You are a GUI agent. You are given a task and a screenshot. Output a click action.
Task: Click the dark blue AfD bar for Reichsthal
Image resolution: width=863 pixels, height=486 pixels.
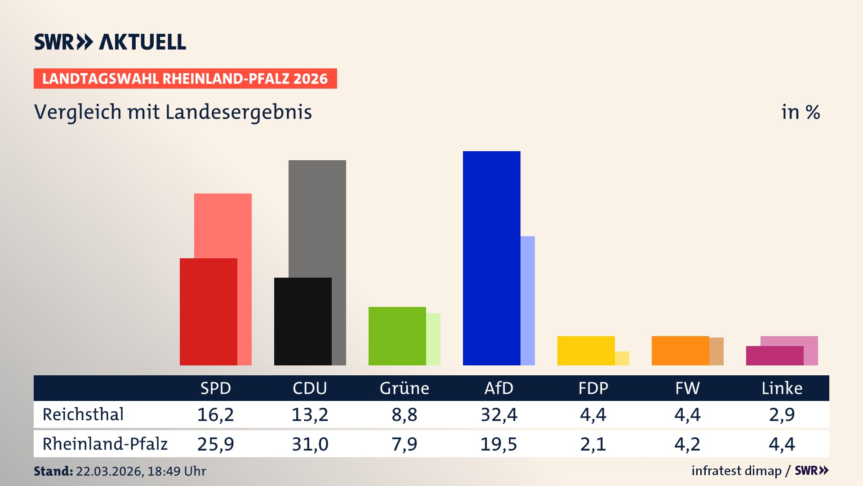491,258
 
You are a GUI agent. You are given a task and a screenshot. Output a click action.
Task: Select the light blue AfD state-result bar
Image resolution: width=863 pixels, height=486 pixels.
528,301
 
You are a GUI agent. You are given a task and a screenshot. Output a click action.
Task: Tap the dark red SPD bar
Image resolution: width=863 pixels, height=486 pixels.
208,311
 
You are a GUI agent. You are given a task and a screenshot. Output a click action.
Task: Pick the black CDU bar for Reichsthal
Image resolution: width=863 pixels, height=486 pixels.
302,321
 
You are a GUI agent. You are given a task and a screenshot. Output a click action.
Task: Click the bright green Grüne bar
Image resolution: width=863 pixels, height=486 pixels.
397,336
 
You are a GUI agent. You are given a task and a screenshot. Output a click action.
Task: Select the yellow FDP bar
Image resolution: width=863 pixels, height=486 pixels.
586,351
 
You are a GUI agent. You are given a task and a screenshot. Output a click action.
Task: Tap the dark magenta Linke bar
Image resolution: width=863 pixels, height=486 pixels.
774,355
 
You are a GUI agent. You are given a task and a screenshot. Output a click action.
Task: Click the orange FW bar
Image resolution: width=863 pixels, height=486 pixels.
680,351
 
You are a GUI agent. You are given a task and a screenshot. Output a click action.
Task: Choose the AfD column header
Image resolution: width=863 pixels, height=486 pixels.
498,388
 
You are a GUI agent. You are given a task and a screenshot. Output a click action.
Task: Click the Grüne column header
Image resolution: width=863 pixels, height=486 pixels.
404,388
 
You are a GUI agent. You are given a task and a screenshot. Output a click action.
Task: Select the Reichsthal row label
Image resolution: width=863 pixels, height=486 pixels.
83,414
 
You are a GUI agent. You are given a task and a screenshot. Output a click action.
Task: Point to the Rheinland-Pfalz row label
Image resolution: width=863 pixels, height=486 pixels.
105,444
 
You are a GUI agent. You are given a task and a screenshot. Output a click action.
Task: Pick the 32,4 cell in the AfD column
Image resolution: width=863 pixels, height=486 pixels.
499,414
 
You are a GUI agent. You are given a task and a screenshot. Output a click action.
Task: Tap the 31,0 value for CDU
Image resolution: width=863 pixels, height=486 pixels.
310,444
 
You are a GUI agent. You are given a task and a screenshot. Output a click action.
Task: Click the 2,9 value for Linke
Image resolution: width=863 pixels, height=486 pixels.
782,414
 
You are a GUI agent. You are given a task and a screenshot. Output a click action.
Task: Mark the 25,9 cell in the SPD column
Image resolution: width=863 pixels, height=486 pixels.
216,444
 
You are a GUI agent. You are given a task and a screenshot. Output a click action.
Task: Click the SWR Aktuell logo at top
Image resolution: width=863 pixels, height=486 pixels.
110,42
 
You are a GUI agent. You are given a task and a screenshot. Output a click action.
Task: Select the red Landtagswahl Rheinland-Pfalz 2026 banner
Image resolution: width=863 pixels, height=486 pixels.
185,79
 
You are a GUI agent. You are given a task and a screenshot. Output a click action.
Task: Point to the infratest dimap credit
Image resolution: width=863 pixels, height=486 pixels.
736,471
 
